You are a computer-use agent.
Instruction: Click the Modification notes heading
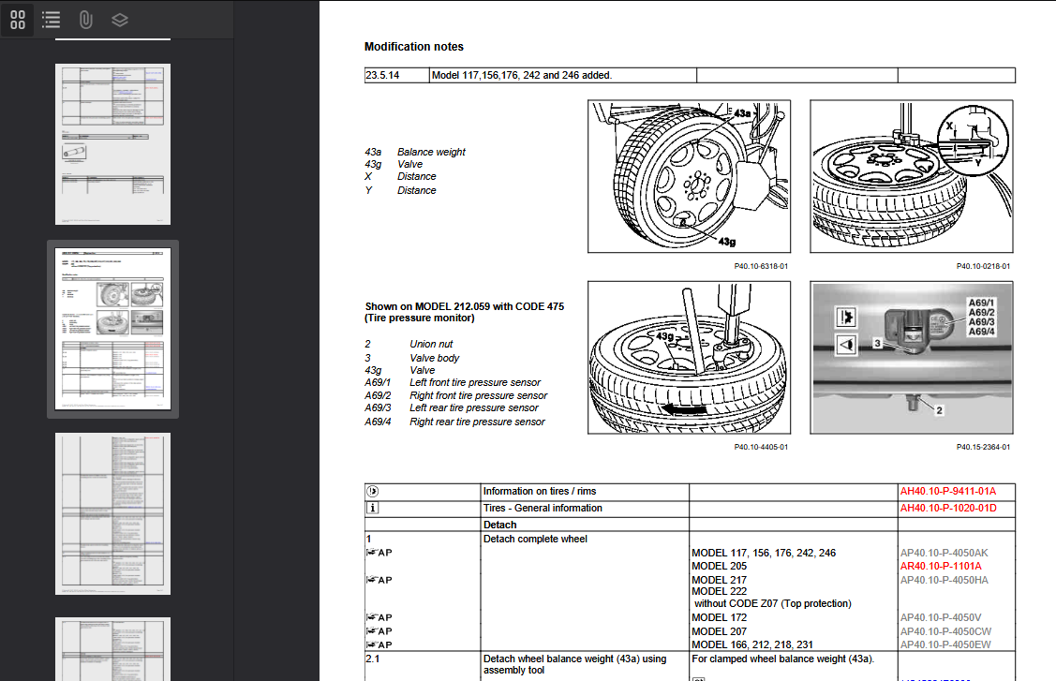coord(413,47)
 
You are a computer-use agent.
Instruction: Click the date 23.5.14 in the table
coord(382,75)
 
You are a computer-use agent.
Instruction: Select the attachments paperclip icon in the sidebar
coord(85,20)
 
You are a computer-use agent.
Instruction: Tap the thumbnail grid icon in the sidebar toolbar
coord(18,20)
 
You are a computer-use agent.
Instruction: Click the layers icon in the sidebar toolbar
coord(119,20)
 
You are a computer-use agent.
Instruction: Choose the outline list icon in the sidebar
coord(52,20)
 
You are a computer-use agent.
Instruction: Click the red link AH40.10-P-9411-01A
coord(947,491)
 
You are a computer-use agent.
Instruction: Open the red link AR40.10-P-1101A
coord(941,566)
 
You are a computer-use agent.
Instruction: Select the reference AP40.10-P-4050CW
coord(944,631)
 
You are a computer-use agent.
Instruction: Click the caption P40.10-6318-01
coord(761,266)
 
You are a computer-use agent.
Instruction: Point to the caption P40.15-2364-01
coord(983,447)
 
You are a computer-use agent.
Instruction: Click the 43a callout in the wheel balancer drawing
coord(743,113)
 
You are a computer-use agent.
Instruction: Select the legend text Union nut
coord(431,344)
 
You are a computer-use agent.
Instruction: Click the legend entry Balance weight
coord(431,152)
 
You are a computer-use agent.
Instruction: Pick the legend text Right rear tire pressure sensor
coord(477,422)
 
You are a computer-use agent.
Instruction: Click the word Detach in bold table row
coord(499,525)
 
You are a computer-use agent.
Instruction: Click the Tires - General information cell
coord(543,508)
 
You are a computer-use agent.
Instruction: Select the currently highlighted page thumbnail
coord(112,329)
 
